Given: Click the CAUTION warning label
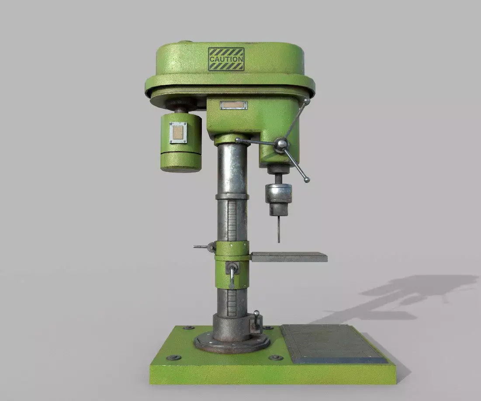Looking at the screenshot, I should coord(226,59).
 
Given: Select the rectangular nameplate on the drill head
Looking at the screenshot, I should coord(234,105).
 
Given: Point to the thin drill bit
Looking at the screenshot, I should coord(278,229).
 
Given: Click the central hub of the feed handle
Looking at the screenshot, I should coord(281,144).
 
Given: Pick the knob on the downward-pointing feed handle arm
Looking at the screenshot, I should coord(307,180).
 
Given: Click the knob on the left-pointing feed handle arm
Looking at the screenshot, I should coord(238,141).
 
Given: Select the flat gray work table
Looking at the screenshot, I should coord(289,257).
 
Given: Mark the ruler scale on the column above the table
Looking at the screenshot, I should coord(232,221).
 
